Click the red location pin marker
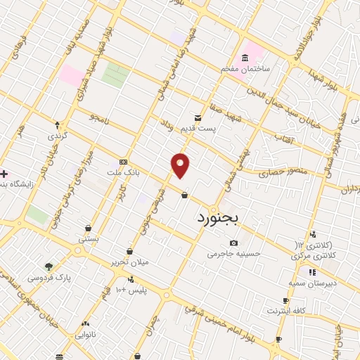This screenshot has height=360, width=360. coord(181,165)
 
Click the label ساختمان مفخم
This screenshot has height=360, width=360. coord(246,68)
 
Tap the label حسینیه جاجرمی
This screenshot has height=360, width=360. coord(233,254)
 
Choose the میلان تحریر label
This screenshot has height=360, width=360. coord(129,262)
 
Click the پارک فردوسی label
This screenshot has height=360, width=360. coord(50,278)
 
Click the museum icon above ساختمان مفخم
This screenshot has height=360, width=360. coord(245,57)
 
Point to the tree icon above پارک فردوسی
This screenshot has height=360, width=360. coord(49,266)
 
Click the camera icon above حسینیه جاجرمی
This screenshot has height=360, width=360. coord(233,243)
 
